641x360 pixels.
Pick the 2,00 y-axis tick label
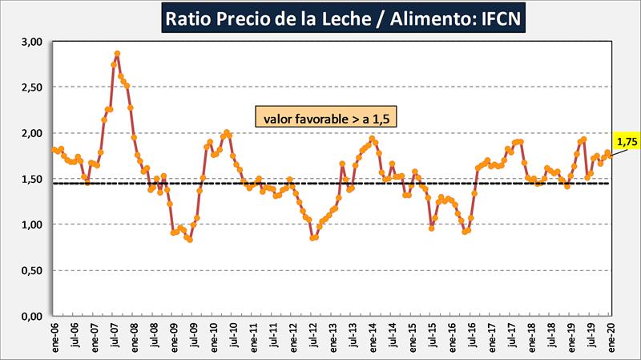(30, 133)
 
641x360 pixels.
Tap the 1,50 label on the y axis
(30, 179)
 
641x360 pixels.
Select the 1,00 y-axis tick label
(30, 224)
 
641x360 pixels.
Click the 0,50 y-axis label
(30, 271)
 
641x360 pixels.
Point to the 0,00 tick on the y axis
(30, 317)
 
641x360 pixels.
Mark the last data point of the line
(611, 156)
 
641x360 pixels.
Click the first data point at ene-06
(53, 149)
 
